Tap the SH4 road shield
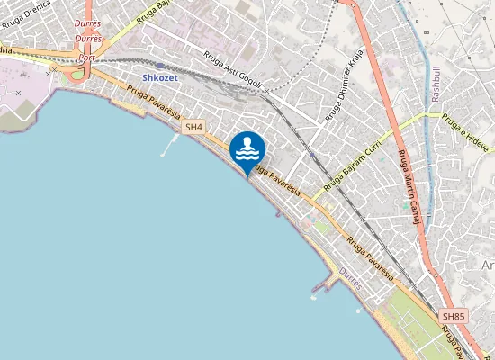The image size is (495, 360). [193, 128]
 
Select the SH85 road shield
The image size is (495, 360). [454, 317]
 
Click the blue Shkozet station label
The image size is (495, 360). [160, 77]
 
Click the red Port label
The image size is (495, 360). [86, 57]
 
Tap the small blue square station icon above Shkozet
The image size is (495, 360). [160, 65]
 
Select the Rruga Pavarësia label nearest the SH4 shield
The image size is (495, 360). [153, 102]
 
